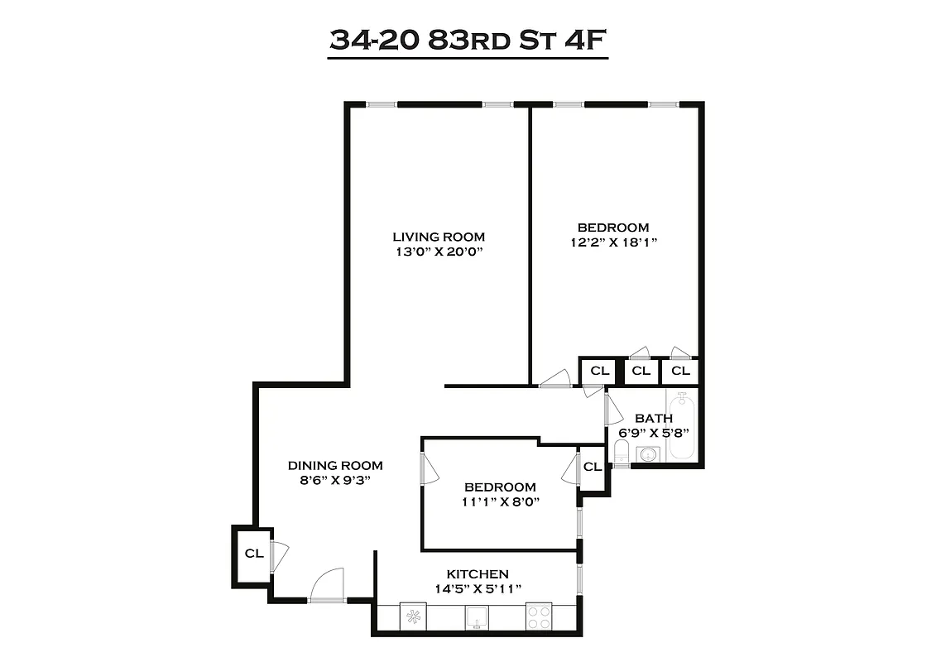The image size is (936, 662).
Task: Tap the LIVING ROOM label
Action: (x=439, y=237)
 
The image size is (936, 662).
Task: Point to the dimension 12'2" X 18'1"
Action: (x=612, y=242)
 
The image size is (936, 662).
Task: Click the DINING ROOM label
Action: (x=335, y=465)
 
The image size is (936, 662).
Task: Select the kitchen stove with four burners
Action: (x=540, y=616)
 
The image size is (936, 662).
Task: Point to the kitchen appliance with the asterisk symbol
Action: (x=413, y=616)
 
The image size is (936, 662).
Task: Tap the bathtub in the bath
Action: (x=683, y=426)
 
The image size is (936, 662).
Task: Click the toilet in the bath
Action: (x=622, y=452)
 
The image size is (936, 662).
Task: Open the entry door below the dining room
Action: (x=327, y=586)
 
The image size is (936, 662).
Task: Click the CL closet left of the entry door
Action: (x=252, y=554)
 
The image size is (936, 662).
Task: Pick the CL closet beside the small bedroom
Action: (x=592, y=467)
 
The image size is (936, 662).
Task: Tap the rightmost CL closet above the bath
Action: (x=679, y=370)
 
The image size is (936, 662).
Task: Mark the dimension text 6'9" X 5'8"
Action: (x=653, y=432)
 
